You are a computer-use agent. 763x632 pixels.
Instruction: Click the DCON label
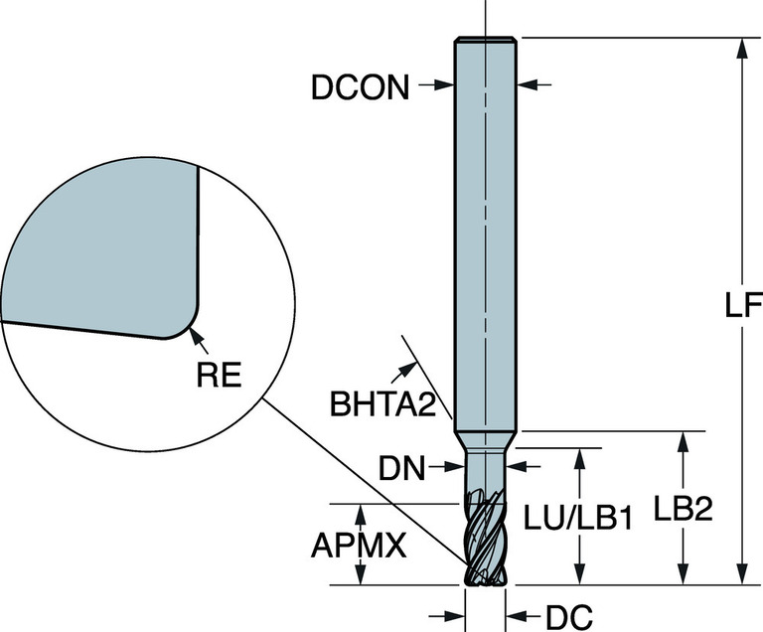[360, 88]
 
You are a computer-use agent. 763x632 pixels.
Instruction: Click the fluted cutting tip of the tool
[484, 542]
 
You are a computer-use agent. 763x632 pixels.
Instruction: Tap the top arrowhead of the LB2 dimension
[683, 440]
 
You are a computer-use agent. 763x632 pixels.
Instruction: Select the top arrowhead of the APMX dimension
[360, 512]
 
